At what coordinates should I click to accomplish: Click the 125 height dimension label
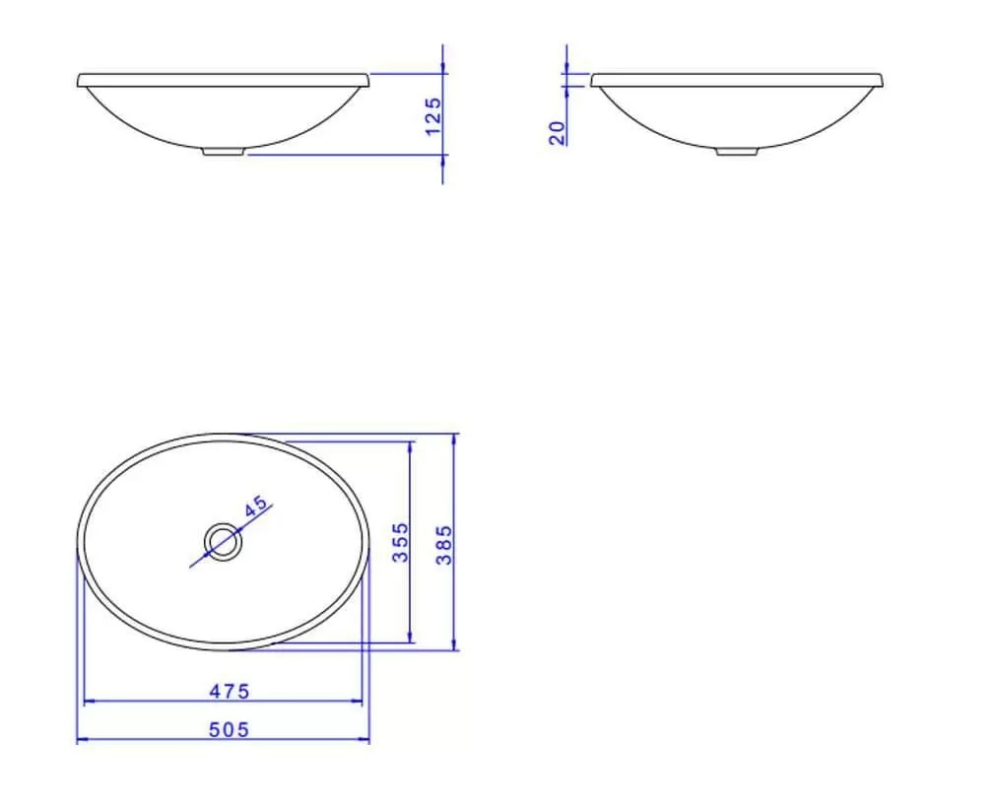click(432, 115)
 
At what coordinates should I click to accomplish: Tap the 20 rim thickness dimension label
click(557, 132)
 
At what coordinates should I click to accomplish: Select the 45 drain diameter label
click(255, 506)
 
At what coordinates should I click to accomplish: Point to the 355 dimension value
click(401, 542)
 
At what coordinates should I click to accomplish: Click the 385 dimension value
click(444, 544)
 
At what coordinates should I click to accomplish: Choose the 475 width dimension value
click(230, 691)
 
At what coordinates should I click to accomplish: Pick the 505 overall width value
click(230, 729)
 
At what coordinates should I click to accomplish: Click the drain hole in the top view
click(223, 541)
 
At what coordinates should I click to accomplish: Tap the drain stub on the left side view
click(224, 152)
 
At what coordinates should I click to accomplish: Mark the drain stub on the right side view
click(737, 152)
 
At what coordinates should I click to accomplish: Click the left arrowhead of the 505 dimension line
click(81, 740)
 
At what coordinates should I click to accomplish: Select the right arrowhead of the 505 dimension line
click(365, 740)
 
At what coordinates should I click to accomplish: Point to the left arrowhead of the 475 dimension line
click(89, 702)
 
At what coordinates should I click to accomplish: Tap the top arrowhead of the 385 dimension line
click(454, 439)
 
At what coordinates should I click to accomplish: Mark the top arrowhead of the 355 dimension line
click(411, 445)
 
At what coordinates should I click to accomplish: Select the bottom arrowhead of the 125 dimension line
click(442, 158)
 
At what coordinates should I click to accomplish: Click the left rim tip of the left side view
click(79, 81)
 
